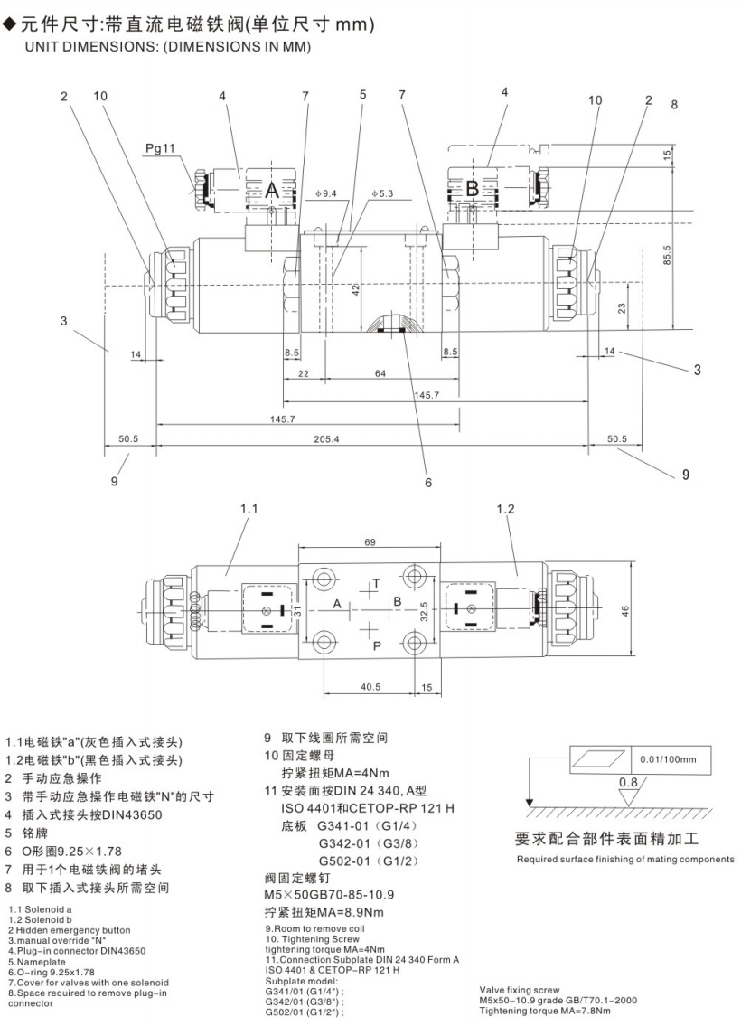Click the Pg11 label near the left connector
[159, 146]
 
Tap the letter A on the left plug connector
[272, 190]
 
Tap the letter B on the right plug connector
[472, 190]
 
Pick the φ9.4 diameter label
[326, 193]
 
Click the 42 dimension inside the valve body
[356, 290]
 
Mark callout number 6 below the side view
[428, 482]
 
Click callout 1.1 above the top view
[249, 509]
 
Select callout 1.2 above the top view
[505, 509]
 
